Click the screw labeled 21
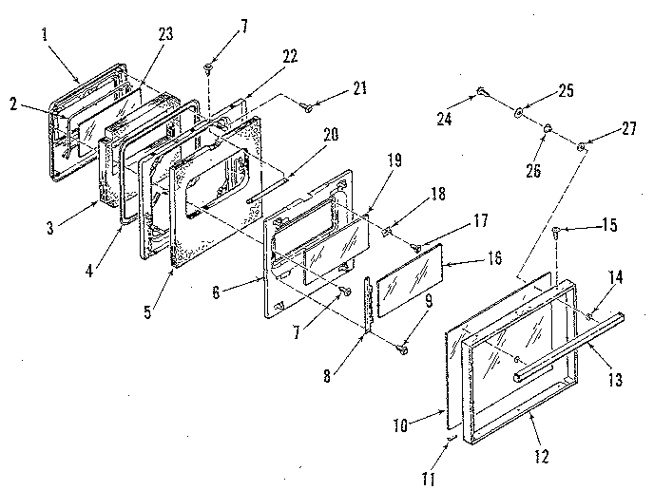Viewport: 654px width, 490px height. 309,109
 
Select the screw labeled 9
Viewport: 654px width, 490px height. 404,350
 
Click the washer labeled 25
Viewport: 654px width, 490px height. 519,112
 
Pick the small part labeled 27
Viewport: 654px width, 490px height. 581,144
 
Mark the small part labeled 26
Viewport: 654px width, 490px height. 548,128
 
